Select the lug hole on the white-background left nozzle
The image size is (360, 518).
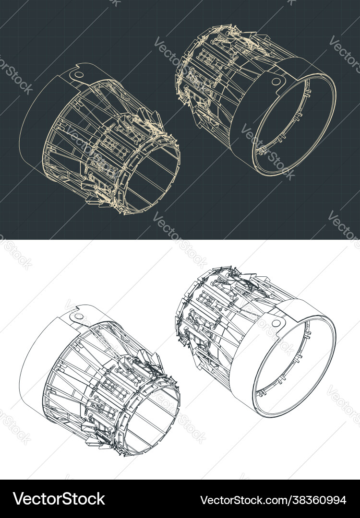pos(79,316)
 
